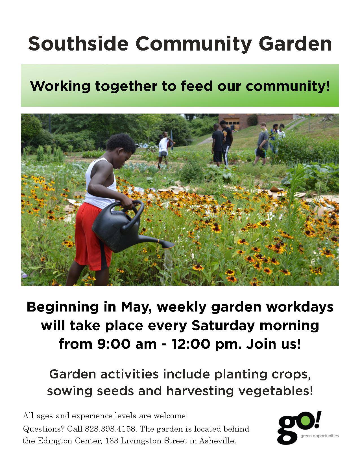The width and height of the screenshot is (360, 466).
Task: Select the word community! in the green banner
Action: [x=288, y=86]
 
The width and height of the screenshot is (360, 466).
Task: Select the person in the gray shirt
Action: [x=261, y=143]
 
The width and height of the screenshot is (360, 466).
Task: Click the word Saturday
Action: [x=223, y=326]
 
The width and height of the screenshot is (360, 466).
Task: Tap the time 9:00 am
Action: [x=127, y=344]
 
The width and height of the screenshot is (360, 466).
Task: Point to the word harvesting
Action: [x=200, y=391]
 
